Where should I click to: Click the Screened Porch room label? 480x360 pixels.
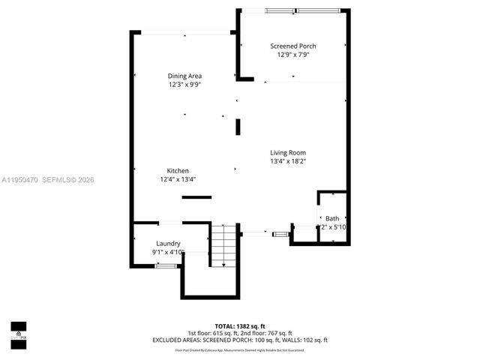(x=292, y=46)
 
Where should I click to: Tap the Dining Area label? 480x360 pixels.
(x=184, y=76)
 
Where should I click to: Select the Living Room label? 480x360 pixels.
(x=288, y=152)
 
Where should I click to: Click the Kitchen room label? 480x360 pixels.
(x=178, y=171)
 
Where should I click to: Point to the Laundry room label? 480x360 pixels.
(x=168, y=244)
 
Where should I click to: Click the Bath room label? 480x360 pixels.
(x=332, y=218)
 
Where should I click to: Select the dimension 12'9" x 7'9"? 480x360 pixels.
(x=292, y=55)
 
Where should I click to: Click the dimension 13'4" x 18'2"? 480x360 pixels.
(x=288, y=161)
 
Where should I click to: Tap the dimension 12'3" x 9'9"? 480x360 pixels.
(x=184, y=85)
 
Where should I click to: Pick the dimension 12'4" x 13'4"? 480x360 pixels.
(x=178, y=179)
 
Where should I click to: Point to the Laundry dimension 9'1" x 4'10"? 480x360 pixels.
(x=168, y=253)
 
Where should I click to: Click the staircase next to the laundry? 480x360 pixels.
(x=223, y=248)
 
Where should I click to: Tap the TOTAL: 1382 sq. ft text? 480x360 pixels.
(x=239, y=326)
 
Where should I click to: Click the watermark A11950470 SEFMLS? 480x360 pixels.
(x=47, y=180)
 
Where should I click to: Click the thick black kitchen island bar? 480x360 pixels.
(x=196, y=197)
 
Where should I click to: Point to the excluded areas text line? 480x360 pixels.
(x=240, y=340)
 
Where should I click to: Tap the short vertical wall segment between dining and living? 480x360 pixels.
(x=238, y=127)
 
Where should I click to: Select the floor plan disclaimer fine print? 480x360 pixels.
(x=240, y=349)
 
